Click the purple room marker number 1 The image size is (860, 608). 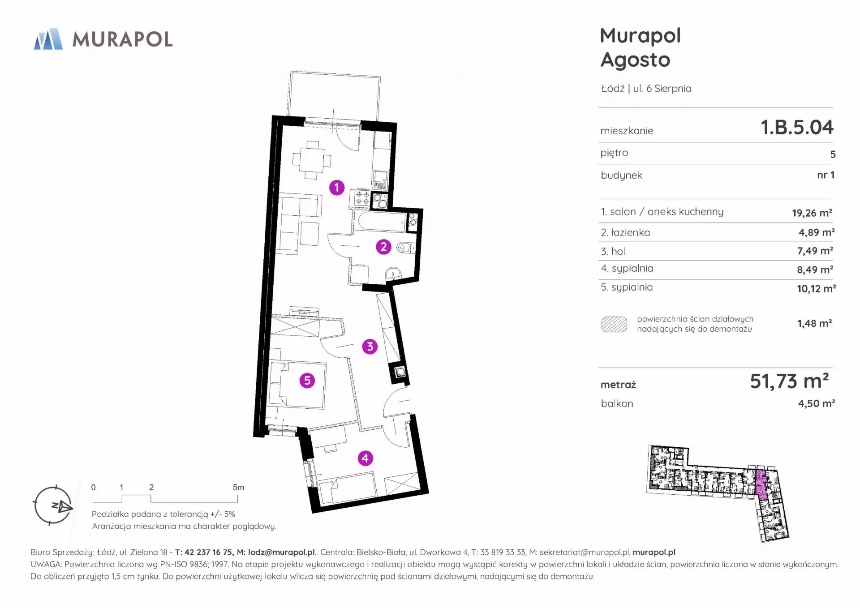pyautogui.click(x=337, y=188)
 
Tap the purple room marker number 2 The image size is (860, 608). pyautogui.click(x=383, y=247)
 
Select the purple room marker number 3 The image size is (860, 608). pyautogui.click(x=370, y=346)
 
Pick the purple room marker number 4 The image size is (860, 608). pyautogui.click(x=365, y=458)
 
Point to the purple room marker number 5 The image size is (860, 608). pyautogui.click(x=307, y=381)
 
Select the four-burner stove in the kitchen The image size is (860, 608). pyautogui.click(x=363, y=198)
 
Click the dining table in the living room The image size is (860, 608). pyautogui.click(x=312, y=160)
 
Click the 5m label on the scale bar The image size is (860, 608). pyautogui.click(x=238, y=487)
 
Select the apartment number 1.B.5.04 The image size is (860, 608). pyautogui.click(x=797, y=127)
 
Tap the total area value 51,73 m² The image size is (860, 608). pyautogui.click(x=789, y=381)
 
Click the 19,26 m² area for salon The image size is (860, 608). pyautogui.click(x=812, y=213)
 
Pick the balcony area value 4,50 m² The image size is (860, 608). pyautogui.click(x=816, y=403)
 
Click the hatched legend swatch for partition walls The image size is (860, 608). pyautogui.click(x=614, y=324)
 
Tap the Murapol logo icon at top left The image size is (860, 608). pyautogui.click(x=48, y=39)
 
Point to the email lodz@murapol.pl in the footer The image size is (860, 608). pyautogui.click(x=282, y=552)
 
